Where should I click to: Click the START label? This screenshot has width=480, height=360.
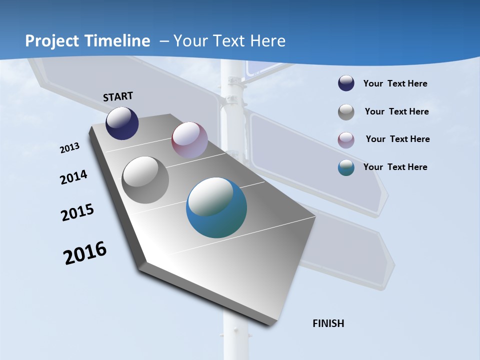click(x=118, y=96)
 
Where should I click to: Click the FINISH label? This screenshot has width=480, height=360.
click(x=328, y=323)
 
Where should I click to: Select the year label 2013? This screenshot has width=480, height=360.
click(x=69, y=148)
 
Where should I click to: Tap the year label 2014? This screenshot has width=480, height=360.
click(x=73, y=177)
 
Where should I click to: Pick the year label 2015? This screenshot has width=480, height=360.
click(x=77, y=212)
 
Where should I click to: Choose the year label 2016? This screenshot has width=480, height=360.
click(x=85, y=253)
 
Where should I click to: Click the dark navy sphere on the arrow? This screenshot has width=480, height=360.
click(x=122, y=123)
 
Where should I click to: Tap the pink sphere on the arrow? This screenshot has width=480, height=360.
click(x=189, y=140)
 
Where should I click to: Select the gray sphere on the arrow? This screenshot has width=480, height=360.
click(x=145, y=179)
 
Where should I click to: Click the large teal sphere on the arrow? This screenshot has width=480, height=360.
click(x=216, y=207)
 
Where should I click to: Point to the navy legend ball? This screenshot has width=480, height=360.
click(x=346, y=83)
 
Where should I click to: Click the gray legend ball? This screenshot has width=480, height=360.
click(x=346, y=112)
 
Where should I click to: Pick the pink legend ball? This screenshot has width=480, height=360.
click(x=346, y=139)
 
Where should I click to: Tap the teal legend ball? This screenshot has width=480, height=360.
click(x=346, y=167)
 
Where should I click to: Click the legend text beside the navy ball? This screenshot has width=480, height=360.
click(x=395, y=84)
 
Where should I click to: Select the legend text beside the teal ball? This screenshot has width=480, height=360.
click(x=395, y=167)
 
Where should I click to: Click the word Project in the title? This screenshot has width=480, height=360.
click(x=51, y=41)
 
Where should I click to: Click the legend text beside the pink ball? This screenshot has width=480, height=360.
click(x=397, y=139)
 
